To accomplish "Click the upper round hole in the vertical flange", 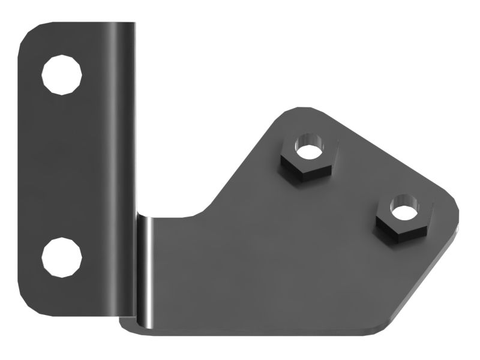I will pyautogui.click(x=62, y=74).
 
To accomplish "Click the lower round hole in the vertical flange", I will pyautogui.click(x=62, y=257).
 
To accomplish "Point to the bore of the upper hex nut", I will pyautogui.click(x=308, y=148).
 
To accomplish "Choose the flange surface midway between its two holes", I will pyautogui.click(x=62, y=165).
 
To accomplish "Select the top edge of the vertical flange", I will pyautogui.click(x=84, y=24).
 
